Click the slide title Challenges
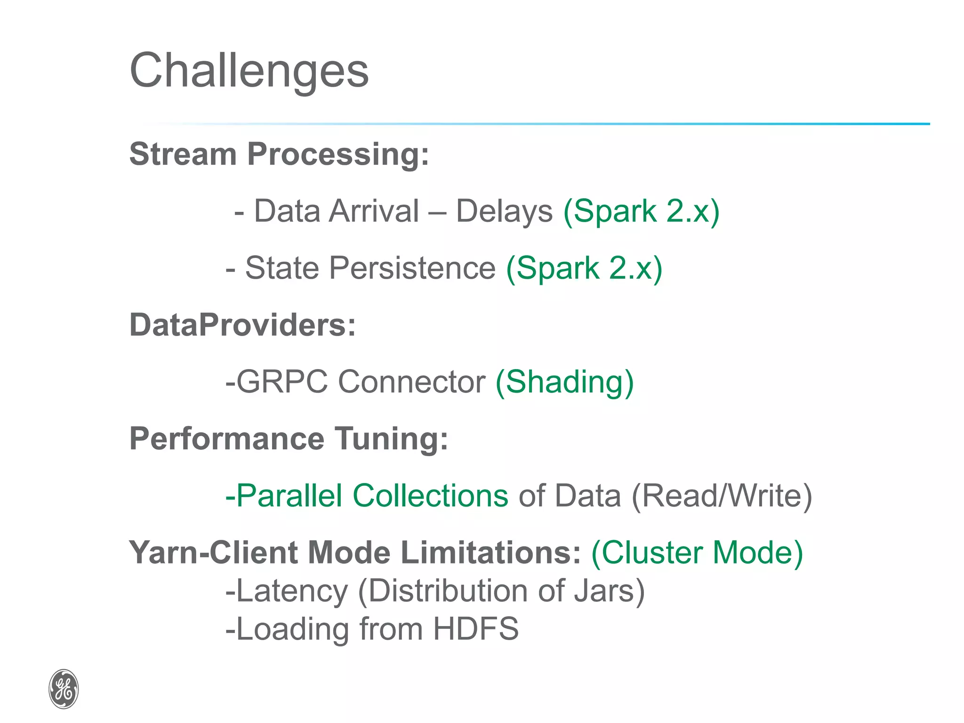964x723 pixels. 249,71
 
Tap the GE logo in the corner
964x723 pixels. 64,689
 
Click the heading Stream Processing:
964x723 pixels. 279,154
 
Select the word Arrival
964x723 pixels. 374,211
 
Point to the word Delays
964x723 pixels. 504,211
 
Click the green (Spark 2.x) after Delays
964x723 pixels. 642,211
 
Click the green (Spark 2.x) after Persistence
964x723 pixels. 584,268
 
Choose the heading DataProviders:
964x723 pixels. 242,325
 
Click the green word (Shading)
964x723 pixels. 565,382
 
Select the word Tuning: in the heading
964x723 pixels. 391,439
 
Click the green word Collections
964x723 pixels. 430,496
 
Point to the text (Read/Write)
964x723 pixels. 722,496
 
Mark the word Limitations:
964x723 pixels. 491,552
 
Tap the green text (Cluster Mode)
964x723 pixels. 697,552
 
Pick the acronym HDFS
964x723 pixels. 475,629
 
